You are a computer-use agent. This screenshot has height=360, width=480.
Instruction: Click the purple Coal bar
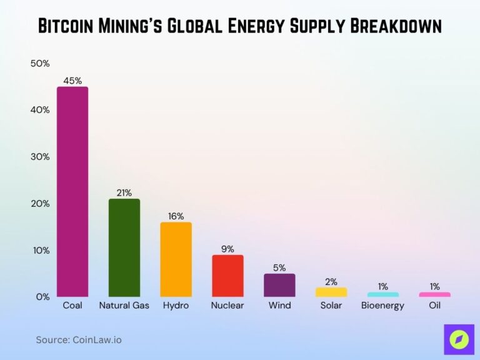coord(72,191)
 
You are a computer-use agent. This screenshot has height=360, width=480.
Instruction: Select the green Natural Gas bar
coord(124,247)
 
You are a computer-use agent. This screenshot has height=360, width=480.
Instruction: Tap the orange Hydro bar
coord(176,259)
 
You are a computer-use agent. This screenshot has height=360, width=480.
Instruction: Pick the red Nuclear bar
coord(227,276)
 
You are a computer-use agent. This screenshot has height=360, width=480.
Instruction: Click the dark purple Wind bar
coord(279,285)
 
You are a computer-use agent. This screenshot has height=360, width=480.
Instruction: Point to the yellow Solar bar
coord(331,292)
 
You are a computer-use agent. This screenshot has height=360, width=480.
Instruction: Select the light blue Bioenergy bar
coord(382,294)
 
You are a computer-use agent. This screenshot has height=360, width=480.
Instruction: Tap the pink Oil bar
coord(434,294)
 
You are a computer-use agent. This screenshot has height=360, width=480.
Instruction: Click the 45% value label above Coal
coord(72,80)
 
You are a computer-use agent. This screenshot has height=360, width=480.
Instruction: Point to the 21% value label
coord(124,192)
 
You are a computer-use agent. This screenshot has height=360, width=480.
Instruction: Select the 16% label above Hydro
coord(176,216)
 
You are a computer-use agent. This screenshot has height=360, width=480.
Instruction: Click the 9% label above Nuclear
coord(227,249)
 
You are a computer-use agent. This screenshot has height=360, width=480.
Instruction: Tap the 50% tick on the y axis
coord(40,63)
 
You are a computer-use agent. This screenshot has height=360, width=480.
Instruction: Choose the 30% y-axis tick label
coord(40,157)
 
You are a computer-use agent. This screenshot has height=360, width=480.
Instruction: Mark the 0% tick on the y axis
coord(42,297)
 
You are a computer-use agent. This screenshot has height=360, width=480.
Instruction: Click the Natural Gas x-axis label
coord(124,306)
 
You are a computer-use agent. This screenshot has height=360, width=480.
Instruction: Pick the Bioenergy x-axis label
coord(382,306)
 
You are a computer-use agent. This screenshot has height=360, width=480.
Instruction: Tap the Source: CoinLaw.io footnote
coord(79,340)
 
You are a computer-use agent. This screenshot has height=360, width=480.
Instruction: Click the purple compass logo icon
coord(459,339)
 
